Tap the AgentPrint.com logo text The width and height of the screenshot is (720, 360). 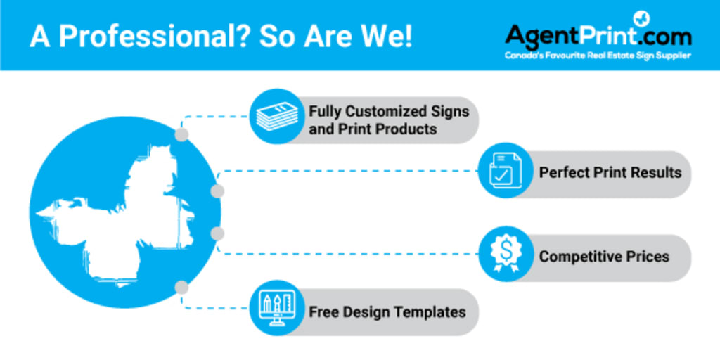pyautogui.click(x=598, y=35)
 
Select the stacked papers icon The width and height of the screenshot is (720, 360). pyautogui.click(x=277, y=116)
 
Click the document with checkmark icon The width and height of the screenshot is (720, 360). pyautogui.click(x=505, y=170)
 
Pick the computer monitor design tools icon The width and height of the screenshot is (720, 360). pyautogui.click(x=277, y=308)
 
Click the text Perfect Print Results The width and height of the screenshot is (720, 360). pyautogui.click(x=610, y=173)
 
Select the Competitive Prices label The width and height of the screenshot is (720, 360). pyautogui.click(x=604, y=256)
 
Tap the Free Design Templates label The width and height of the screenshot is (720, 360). pyautogui.click(x=387, y=312)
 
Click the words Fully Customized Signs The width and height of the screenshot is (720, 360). pyautogui.click(x=389, y=112)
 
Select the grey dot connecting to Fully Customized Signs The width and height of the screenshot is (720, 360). pyautogui.click(x=182, y=135)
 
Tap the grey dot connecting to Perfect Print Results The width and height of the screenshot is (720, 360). pyautogui.click(x=217, y=191)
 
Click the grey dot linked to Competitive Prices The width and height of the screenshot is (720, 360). pyautogui.click(x=217, y=233)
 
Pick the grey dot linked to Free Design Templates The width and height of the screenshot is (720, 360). pyautogui.click(x=182, y=288)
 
